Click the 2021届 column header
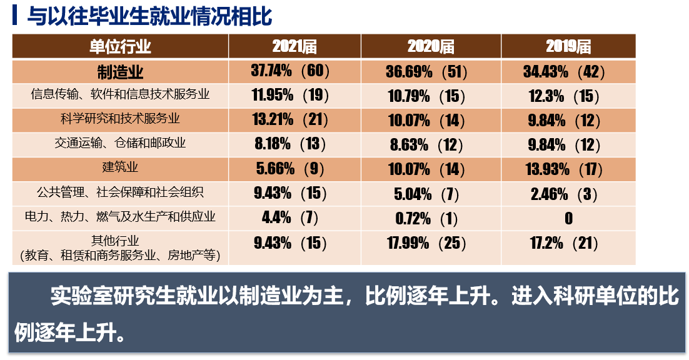coord(294,46)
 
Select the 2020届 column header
coord(431,46)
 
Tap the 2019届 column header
coord(568,46)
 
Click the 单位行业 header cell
coord(120,46)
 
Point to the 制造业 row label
coord(120,71)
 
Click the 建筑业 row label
coord(120,167)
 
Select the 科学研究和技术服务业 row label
coord(120,119)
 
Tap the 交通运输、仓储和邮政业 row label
coord(120,143)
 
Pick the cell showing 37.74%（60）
coord(290,71)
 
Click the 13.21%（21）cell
coord(290,119)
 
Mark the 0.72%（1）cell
coord(427,218)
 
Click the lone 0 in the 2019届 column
coord(568,218)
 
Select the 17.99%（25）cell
coord(427,244)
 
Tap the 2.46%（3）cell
coord(564,193)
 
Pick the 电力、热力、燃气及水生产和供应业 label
coord(120,217)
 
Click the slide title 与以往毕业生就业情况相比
coord(149,17)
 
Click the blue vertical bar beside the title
coord(14,16)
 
